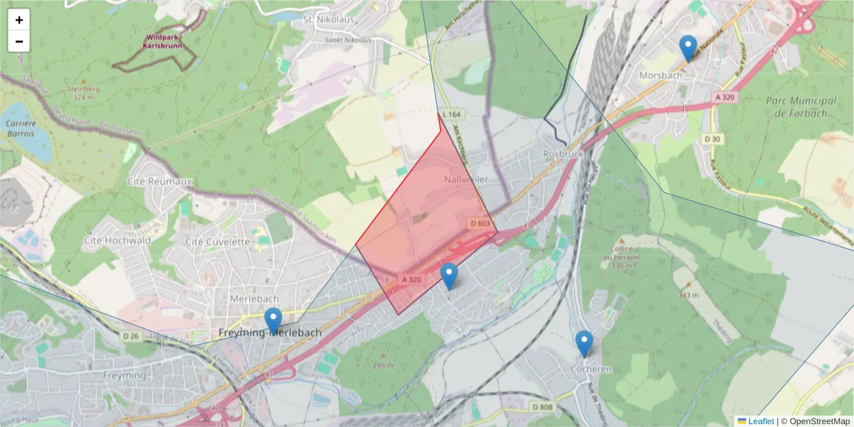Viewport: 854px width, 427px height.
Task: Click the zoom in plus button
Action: coord(19,20)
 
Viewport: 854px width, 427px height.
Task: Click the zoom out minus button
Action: coord(19,41)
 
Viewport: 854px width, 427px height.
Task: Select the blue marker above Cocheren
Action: coord(584,344)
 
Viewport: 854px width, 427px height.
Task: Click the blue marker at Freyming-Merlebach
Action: coord(273,320)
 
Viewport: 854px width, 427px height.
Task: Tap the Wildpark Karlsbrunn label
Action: coord(162,41)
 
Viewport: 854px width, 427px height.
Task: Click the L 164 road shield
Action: coord(451,114)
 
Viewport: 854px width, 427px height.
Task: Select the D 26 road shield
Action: coord(130,336)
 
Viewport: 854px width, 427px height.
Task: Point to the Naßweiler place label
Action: coord(466,179)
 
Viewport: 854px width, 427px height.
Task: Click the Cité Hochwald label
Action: coord(117,241)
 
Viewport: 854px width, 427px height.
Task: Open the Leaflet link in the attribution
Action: coord(760,421)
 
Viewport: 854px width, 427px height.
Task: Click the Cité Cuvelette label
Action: coord(217,241)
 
